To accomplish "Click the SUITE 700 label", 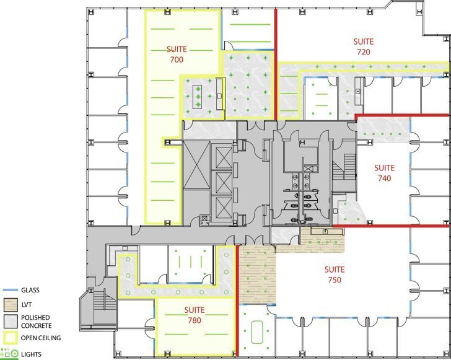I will [175, 54].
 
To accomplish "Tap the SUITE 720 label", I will [363, 47].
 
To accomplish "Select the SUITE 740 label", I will [384, 173].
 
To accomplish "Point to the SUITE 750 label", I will [334, 274].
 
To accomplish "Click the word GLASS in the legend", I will [32, 290].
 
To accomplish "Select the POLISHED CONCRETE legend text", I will [36, 321].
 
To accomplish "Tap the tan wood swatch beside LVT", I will [10, 304].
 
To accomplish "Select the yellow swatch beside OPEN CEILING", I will [10, 338].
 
